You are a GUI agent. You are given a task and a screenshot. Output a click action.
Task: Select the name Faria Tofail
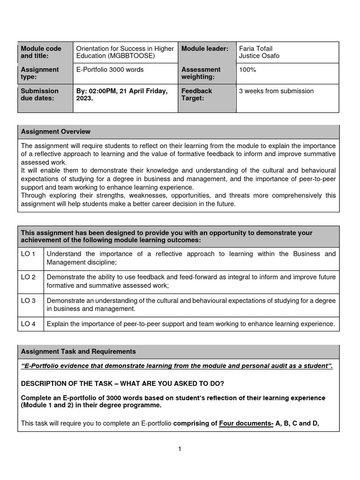[255, 49]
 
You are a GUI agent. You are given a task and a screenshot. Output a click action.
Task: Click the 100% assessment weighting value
[247, 70]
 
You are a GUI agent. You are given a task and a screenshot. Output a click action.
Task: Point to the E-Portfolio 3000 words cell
[110, 70]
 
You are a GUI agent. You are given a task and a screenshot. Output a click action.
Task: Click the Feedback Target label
[196, 95]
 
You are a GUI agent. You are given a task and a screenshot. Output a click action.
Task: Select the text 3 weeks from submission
[276, 91]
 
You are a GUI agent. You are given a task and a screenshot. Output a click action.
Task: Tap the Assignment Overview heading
[56, 132]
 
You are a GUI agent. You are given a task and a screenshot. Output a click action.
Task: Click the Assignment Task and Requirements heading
[78, 352]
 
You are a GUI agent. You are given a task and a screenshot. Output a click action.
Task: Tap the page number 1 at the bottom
[180, 449]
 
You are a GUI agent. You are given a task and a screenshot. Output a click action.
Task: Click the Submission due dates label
[40, 95]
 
